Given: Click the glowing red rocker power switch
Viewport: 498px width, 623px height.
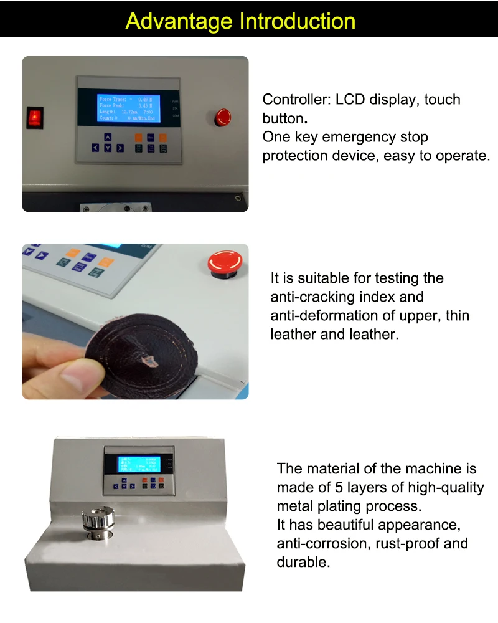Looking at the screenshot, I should coord(35,117).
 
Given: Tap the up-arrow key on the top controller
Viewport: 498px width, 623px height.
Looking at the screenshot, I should coord(108,137).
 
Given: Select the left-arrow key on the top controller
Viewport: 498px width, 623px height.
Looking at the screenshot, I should coord(95,148).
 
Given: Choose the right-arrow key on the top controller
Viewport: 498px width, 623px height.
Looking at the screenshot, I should coord(120,148).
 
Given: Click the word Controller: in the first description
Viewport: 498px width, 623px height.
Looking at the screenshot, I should coord(296,100).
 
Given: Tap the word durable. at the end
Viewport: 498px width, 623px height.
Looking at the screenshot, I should coord(303,562).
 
